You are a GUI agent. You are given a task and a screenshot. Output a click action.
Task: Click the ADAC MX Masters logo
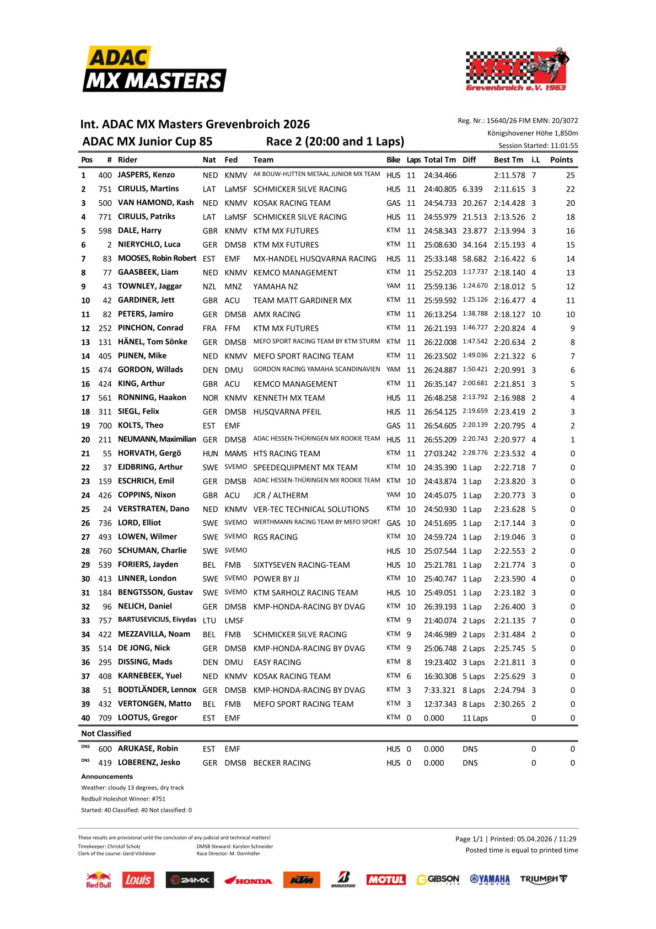point(154,70)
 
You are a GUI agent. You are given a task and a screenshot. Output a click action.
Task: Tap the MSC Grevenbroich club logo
point(517,70)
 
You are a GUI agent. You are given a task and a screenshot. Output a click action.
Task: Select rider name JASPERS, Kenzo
point(146,175)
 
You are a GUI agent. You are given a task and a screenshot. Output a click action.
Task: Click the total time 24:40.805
point(440,189)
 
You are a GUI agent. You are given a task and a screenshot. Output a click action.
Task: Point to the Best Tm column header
point(508,160)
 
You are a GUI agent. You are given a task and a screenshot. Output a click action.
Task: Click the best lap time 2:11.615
point(509,189)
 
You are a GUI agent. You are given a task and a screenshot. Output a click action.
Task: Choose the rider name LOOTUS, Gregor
point(147,718)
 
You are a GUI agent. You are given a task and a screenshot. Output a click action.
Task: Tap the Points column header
point(561,160)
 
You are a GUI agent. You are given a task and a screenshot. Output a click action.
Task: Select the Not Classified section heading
point(106,734)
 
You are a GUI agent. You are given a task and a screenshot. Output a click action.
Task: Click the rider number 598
point(105,231)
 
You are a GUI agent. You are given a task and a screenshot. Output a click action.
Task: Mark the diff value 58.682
point(475,259)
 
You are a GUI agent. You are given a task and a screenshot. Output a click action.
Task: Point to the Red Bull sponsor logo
point(99,880)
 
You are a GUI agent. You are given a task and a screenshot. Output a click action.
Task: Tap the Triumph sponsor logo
point(543,879)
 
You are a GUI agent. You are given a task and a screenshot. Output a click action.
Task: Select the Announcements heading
point(107,777)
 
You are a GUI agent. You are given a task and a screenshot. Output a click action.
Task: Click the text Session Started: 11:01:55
point(538,146)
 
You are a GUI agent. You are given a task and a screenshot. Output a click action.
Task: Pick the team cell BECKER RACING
point(282,763)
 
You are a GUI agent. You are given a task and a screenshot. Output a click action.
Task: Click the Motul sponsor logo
point(386,880)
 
